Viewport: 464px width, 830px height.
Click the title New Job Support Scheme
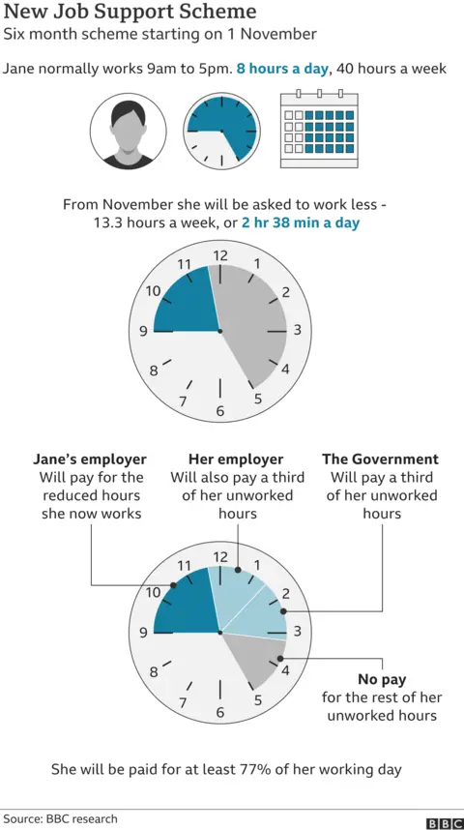(130, 13)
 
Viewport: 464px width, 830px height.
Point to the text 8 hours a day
(284, 70)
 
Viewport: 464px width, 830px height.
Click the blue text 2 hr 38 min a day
(307, 222)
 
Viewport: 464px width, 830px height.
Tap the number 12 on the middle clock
(220, 255)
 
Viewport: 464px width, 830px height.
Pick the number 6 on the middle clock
(220, 411)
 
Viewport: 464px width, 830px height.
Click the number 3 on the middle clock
(298, 331)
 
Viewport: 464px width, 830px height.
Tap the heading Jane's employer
(90, 459)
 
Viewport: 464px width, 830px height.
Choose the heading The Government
(380, 459)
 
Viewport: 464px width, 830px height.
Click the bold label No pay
(381, 680)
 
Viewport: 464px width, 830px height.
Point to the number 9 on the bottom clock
(143, 634)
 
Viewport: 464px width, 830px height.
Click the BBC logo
(444, 823)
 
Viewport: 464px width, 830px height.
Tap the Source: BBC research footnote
(59, 819)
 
